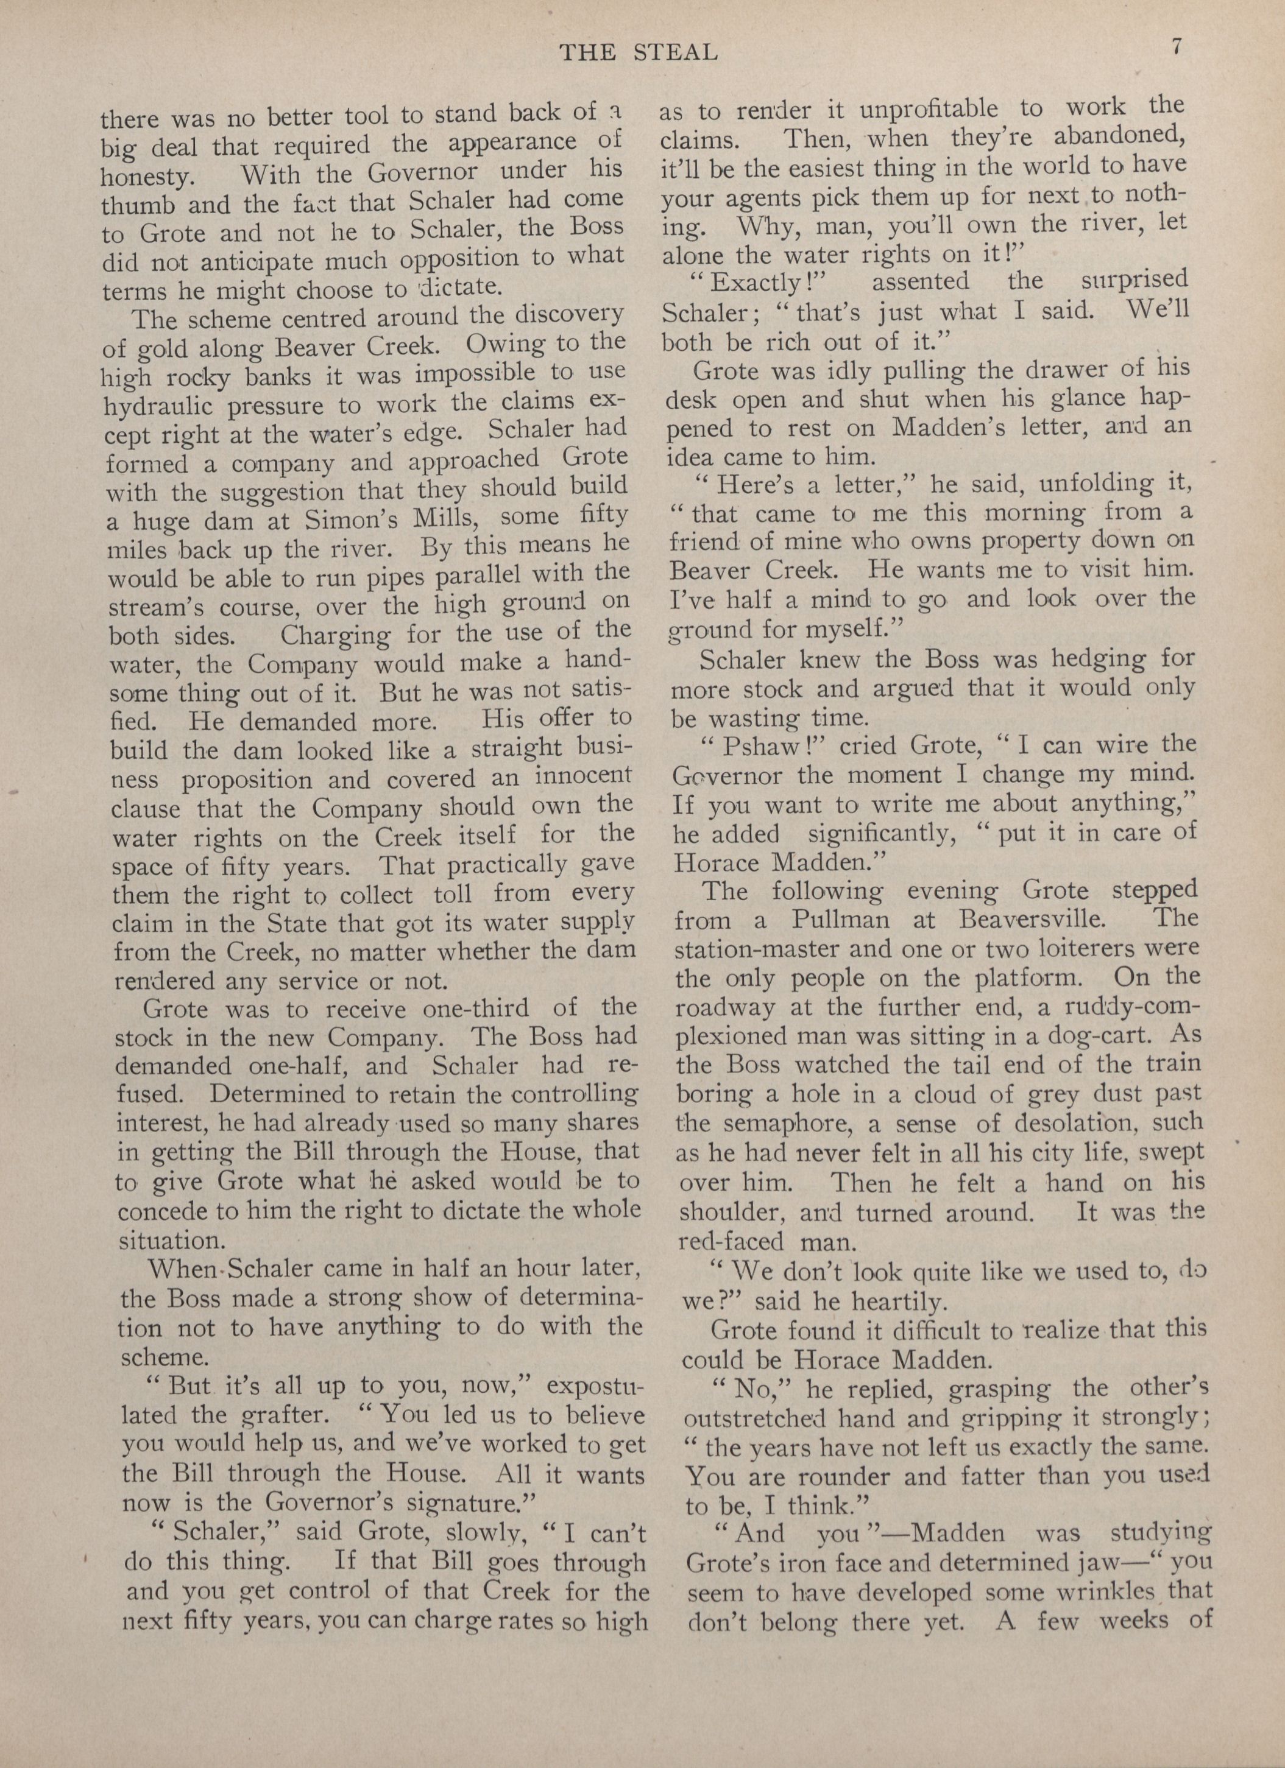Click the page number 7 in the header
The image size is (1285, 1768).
1177,46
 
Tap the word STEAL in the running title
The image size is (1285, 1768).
671,52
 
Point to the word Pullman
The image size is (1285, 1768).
840,919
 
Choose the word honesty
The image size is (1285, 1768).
144,177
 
